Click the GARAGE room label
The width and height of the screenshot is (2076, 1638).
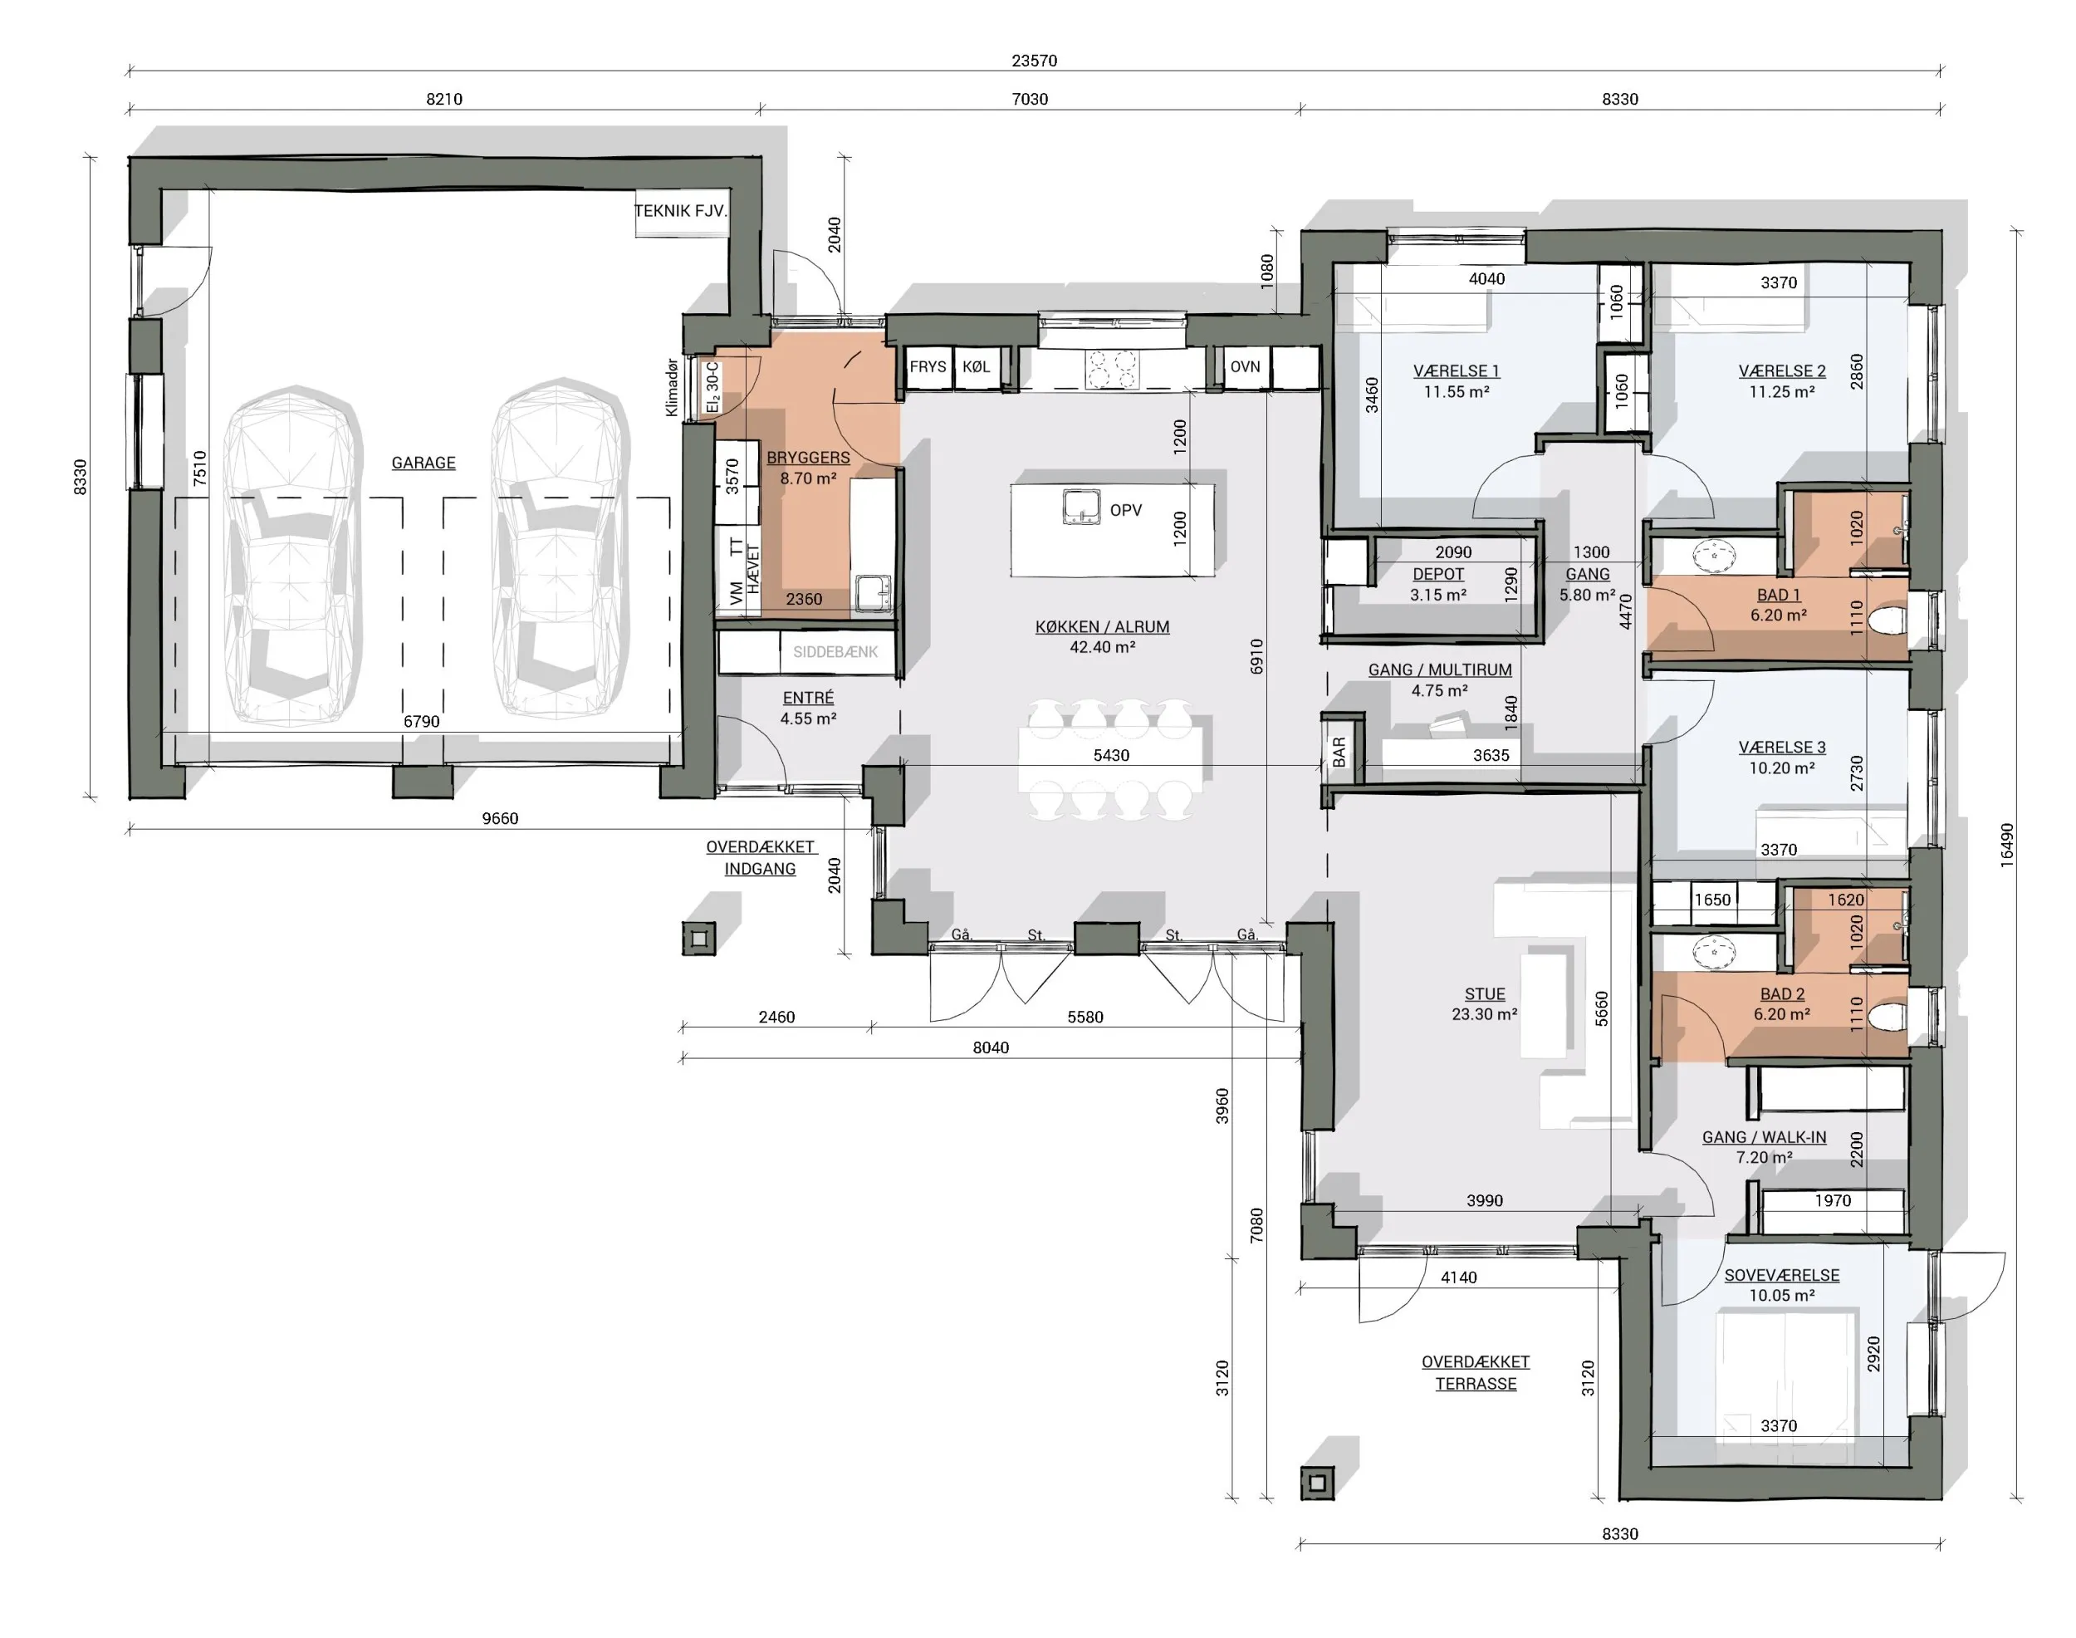coord(423,463)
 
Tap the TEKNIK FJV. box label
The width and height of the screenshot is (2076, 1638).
coord(681,211)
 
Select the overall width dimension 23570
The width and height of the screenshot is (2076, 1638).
coord(1034,61)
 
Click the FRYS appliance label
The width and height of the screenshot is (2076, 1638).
coord(928,366)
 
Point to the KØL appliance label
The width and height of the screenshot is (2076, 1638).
coord(977,366)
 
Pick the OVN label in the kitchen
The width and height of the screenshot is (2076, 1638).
coord(1245,366)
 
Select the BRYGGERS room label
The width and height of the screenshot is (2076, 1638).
coord(808,458)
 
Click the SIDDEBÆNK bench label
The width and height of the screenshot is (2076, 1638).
coord(835,652)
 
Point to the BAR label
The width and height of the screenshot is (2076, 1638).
coord(1339,751)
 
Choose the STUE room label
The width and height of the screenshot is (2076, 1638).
coord(1485,993)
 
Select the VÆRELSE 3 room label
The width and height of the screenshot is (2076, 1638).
coord(1781,747)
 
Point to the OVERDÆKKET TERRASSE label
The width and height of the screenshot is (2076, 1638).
coord(1476,1372)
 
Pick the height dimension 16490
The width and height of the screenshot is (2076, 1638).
coord(2007,846)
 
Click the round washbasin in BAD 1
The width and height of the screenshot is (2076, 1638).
coord(1714,554)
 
